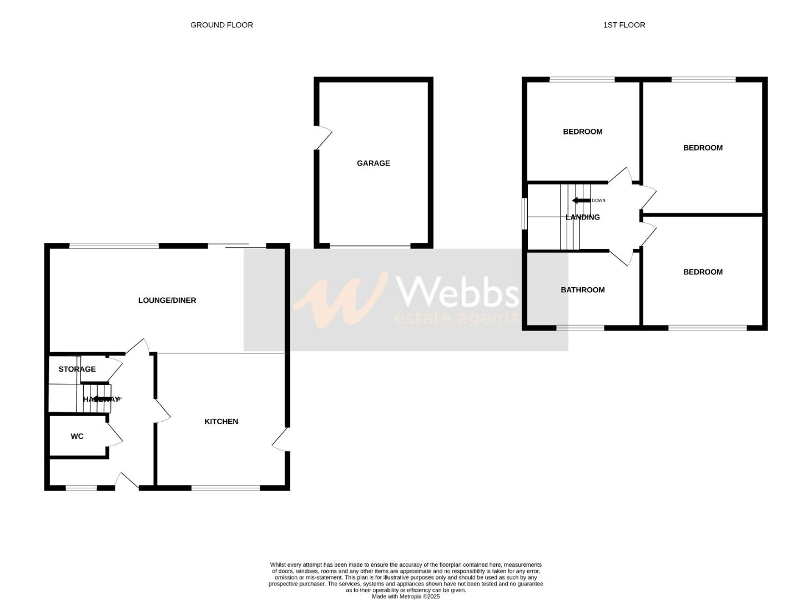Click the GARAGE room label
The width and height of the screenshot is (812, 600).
[373, 163]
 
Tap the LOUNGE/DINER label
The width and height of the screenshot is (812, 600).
[167, 301]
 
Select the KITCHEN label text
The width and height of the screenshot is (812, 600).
[221, 422]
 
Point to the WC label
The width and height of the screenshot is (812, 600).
[77, 437]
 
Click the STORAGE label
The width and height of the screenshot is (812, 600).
[77, 369]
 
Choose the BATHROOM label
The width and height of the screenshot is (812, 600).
[582, 290]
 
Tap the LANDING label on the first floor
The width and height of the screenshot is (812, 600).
[582, 217]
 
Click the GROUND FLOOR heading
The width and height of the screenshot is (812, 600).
[221, 25]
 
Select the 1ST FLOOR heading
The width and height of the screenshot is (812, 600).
[624, 25]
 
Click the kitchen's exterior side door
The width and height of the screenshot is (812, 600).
[281, 439]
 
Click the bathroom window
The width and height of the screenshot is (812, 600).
[580, 328]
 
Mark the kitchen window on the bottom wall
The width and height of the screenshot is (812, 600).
[225, 488]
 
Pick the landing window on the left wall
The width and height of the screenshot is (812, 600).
[524, 213]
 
